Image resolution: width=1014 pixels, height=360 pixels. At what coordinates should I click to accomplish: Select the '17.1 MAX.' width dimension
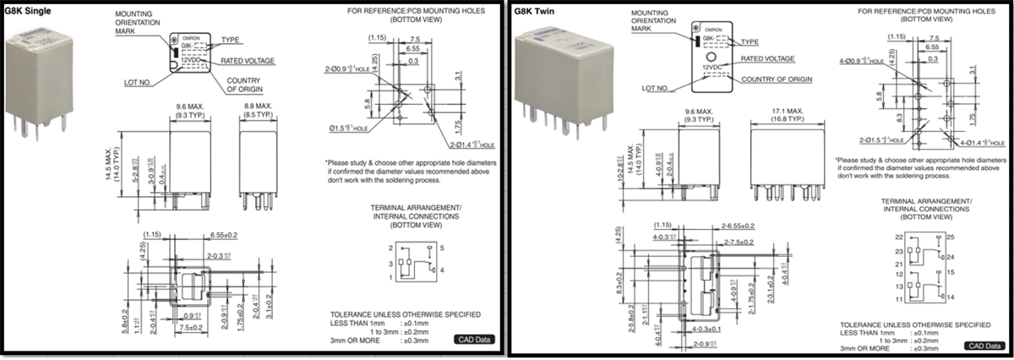pos(785,111)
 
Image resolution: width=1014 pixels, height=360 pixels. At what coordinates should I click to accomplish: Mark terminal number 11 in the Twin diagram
pos(900,299)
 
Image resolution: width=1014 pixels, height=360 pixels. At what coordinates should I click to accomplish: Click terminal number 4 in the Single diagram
pos(442,269)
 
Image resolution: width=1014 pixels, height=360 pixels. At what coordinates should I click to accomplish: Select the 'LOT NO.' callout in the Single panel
pos(139,82)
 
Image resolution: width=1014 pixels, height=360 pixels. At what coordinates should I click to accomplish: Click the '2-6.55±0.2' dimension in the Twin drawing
pos(739,226)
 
